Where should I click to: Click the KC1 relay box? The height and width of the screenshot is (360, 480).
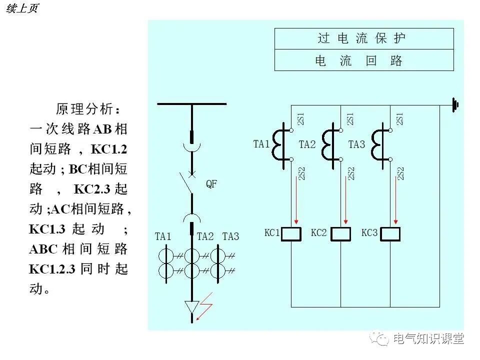(291, 233)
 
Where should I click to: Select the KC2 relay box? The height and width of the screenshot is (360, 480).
(341, 233)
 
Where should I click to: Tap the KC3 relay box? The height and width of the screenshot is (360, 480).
(390, 233)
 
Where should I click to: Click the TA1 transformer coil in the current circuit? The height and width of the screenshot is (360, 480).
(279, 144)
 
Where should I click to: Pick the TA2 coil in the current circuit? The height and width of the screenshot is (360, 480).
(328, 144)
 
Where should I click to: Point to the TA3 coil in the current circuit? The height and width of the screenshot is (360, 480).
(378, 144)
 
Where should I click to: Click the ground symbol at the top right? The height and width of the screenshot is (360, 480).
(455, 105)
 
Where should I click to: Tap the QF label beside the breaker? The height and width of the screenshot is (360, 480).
(211, 184)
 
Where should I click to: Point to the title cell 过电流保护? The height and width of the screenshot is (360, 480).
(364, 38)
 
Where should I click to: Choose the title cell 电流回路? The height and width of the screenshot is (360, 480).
(364, 60)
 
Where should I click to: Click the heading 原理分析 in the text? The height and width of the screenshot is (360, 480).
(88, 109)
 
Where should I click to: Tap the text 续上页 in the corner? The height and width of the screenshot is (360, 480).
(22, 9)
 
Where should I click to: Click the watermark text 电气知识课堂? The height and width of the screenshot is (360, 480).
(428, 338)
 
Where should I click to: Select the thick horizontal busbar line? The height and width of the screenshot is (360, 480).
(191, 104)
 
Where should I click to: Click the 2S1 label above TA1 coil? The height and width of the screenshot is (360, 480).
(300, 119)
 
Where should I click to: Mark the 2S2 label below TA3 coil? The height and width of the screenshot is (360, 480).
(400, 173)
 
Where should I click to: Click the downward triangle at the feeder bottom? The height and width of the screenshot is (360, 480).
(191, 306)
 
